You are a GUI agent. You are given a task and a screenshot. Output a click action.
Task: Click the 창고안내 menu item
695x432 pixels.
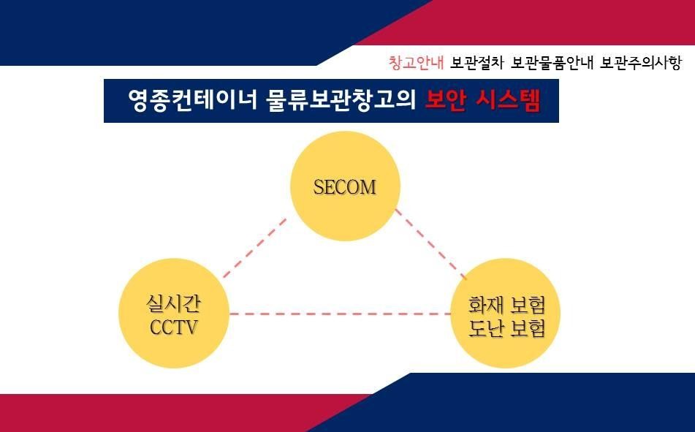[416, 63]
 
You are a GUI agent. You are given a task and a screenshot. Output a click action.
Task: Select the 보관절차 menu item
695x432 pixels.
[477, 63]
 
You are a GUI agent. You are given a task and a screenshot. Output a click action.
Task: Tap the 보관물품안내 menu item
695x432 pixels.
[552, 63]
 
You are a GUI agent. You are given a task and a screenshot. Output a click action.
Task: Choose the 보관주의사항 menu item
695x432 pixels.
[640, 63]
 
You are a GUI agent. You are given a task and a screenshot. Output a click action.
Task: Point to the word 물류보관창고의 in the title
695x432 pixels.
[341, 100]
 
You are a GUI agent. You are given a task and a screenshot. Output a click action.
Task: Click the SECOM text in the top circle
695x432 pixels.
[345, 187]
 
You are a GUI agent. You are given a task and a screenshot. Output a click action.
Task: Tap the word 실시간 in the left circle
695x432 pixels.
[173, 303]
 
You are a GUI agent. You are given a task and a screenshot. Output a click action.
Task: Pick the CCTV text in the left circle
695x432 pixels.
[173, 327]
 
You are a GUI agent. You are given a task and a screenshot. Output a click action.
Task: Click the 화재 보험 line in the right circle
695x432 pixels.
[506, 304]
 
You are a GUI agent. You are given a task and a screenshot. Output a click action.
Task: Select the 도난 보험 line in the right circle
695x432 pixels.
[506, 327]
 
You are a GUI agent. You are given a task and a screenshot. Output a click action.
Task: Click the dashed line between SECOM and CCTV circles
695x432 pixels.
[254, 248]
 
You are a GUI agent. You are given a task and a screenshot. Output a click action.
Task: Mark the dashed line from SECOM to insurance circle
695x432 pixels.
[431, 244]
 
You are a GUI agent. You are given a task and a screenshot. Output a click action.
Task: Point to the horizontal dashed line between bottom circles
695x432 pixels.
[340, 314]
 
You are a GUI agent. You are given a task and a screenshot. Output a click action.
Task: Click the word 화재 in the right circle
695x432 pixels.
[485, 304]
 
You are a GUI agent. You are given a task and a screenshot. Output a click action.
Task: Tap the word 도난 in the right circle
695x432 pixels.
[485, 327]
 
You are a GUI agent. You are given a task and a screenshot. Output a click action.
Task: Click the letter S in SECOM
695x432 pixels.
[319, 187]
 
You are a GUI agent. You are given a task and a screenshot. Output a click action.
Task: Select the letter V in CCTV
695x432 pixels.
[191, 327]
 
